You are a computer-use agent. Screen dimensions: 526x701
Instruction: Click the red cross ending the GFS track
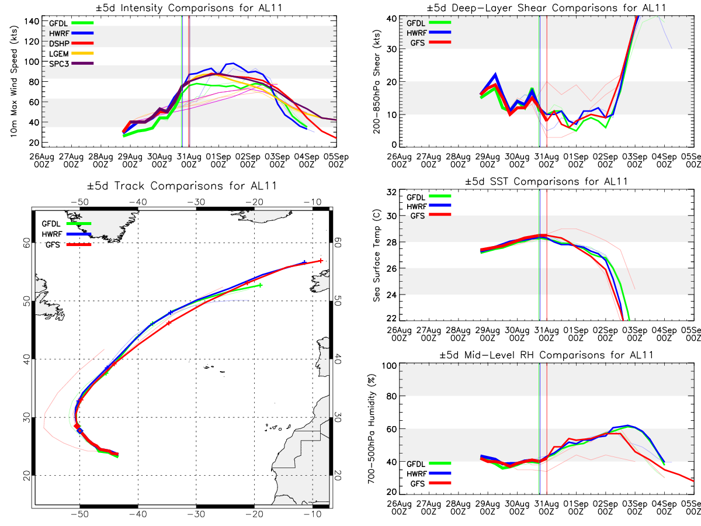[x=321, y=261]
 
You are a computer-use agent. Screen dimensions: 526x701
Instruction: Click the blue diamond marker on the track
[x=81, y=431]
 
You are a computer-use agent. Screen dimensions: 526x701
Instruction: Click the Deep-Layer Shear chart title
[x=547, y=8]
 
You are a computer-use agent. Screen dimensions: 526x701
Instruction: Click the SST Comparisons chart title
[x=547, y=181]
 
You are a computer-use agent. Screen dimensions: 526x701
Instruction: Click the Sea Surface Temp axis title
[x=377, y=256]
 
